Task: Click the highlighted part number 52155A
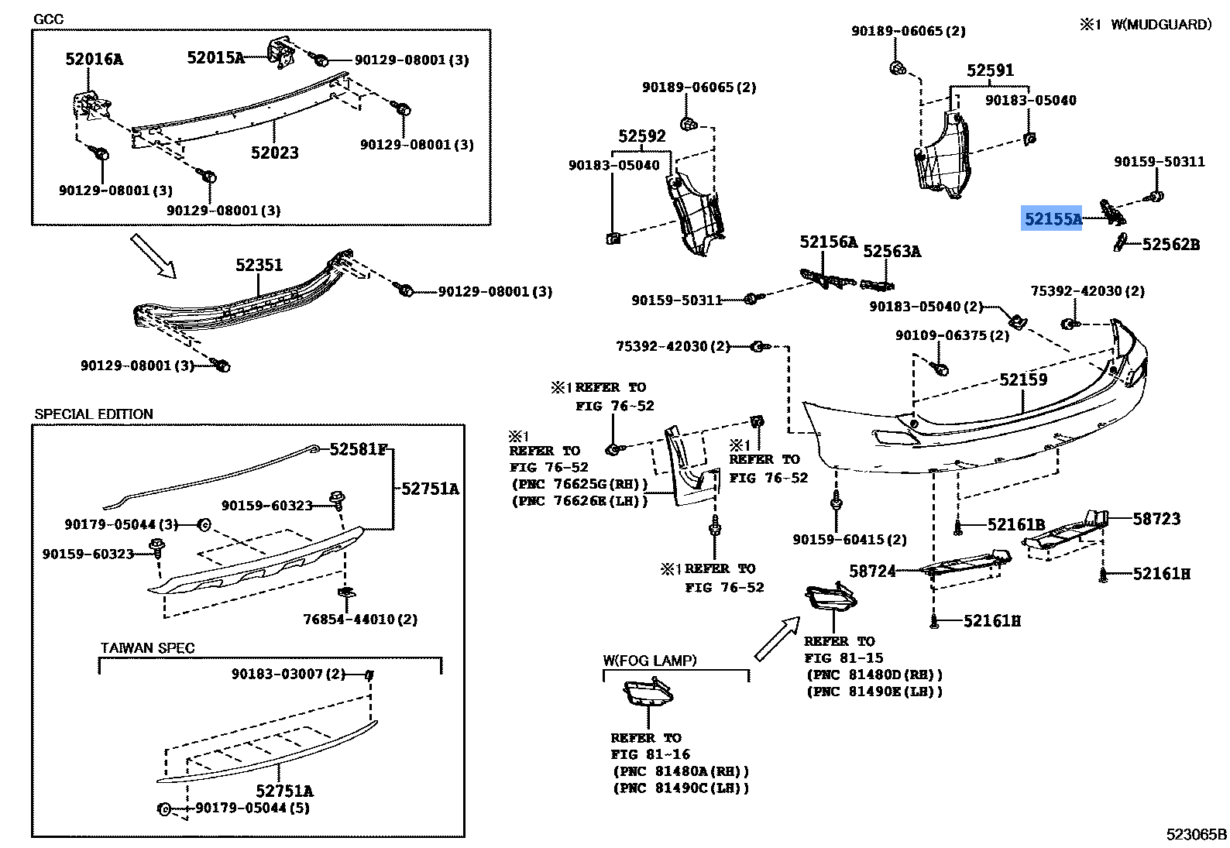[1052, 219]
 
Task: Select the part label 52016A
[94, 59]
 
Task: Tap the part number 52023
[274, 153]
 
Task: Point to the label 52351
[259, 265]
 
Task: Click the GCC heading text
[48, 19]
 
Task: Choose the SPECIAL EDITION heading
[94, 414]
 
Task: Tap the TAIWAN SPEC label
[147, 648]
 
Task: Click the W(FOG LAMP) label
[650, 661]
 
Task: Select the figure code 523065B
[1196, 834]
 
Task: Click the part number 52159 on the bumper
[1023, 379]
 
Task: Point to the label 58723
[1156, 519]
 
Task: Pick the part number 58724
[872, 572]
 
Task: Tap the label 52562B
[1170, 244]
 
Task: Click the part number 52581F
[358, 449]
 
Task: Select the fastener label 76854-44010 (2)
[360, 620]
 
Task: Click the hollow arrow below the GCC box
[153, 256]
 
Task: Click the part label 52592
[642, 136]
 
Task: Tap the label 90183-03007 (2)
[288, 674]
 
